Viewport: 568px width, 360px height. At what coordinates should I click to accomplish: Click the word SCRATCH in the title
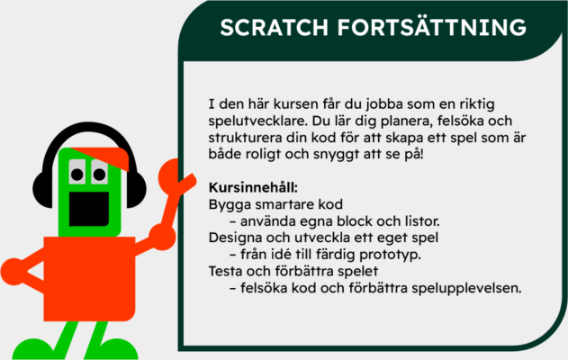point(274,29)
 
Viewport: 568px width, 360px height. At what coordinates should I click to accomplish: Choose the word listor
point(419,221)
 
